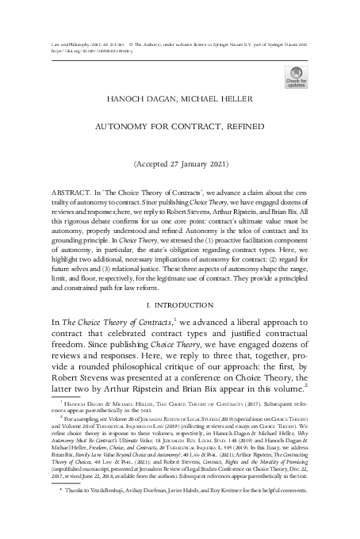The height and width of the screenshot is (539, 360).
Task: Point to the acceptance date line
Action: (x=180, y=168)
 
